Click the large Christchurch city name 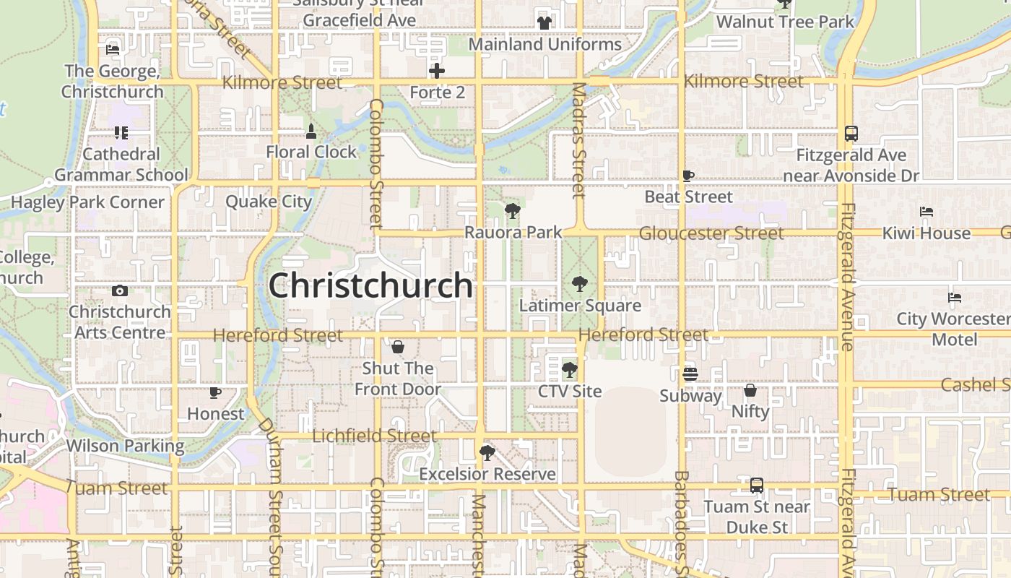370,286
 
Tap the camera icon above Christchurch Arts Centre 120,291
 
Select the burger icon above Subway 690,374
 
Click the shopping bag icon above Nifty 750,391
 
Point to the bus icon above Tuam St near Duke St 756,486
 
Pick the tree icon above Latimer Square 579,284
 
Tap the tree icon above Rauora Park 513,211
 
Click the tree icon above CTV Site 569,370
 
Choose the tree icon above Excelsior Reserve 487,453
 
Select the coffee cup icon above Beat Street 688,176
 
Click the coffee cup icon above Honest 214,392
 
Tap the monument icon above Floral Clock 311,131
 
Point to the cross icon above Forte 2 437,71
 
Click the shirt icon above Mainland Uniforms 544,22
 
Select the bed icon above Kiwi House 927,212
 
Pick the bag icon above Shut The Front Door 397,348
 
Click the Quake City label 269,202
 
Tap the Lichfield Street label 374,436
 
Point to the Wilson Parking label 125,446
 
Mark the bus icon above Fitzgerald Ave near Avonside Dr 851,134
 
